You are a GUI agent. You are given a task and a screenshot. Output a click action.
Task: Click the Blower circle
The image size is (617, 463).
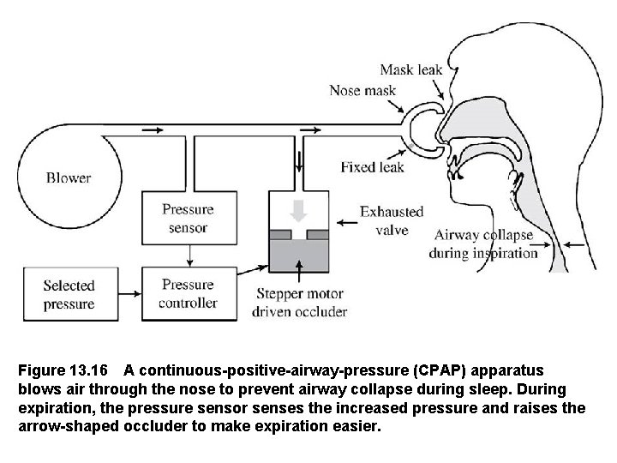68,178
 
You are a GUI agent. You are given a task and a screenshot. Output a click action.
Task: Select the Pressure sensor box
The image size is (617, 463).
188,218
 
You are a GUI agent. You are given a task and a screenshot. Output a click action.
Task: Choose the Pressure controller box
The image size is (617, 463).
188,293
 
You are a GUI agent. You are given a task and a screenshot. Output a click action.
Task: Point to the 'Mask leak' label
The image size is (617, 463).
410,69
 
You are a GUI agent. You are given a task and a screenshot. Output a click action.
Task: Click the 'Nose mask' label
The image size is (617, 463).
364,89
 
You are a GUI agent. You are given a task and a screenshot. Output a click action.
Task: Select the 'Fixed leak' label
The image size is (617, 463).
372,166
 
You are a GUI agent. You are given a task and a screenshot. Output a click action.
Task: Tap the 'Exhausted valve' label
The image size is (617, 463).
391,220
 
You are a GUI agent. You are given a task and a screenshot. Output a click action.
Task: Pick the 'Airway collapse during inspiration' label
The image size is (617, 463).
483,244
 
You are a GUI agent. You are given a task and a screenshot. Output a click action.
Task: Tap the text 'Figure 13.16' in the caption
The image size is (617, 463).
63,371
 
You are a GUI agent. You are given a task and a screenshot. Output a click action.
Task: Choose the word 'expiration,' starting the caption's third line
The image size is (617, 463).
57,407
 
